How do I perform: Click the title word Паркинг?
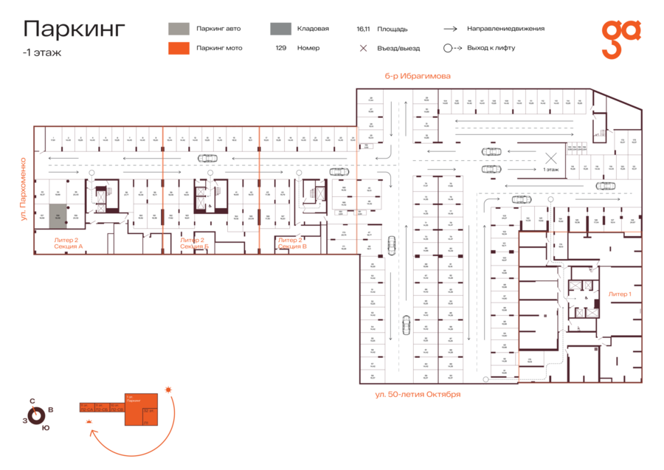coord(74,29)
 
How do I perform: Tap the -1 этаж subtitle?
coord(42,52)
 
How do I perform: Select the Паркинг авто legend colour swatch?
coord(179,29)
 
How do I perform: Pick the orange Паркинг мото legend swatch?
coord(179,48)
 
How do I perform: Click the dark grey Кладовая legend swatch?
coord(280,29)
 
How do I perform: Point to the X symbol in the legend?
coord(363,48)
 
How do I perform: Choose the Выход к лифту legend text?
coord(491,48)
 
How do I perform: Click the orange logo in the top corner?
coord(620,39)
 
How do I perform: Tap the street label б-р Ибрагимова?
coord(417,76)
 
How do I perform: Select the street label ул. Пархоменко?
coord(24,189)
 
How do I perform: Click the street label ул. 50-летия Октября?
coord(418,394)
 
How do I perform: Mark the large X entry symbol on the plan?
coord(550,157)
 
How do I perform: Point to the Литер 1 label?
coord(619,294)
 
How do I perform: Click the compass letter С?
coord(32,401)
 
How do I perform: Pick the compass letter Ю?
coord(46,427)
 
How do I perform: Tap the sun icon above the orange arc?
coord(168,389)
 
